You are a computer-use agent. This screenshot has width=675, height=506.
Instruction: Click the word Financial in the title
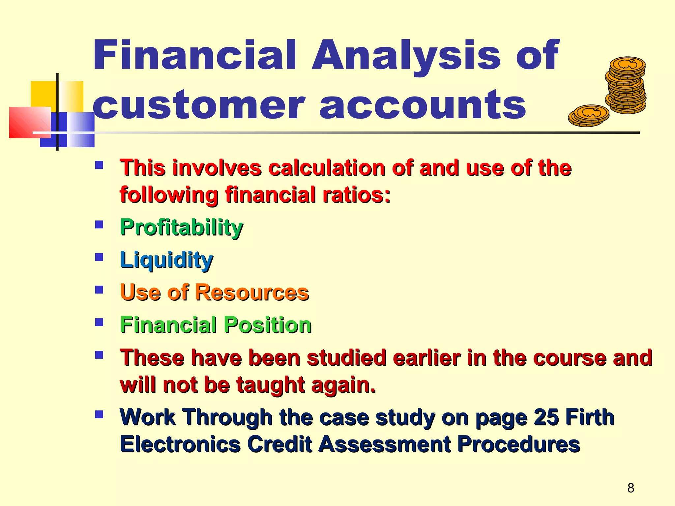tap(194, 55)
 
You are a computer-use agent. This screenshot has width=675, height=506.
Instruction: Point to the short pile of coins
tap(589, 115)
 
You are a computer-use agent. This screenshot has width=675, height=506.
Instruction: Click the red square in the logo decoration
tap(30, 122)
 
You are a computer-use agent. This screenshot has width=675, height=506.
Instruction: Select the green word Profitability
tap(182, 228)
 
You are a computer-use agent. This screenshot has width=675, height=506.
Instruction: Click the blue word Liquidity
tap(167, 260)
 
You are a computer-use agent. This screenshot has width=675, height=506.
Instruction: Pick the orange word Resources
tap(252, 292)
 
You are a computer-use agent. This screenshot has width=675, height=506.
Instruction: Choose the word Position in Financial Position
tap(268, 325)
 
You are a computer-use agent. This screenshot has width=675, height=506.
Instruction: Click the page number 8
tap(631, 488)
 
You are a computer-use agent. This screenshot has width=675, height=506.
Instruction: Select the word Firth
tap(590, 417)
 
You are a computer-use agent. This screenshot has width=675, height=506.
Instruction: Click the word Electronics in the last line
tap(181, 444)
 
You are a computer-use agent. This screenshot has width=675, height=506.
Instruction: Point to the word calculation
tap(327, 168)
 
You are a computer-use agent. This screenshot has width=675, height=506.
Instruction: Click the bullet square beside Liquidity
tap(99, 257)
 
